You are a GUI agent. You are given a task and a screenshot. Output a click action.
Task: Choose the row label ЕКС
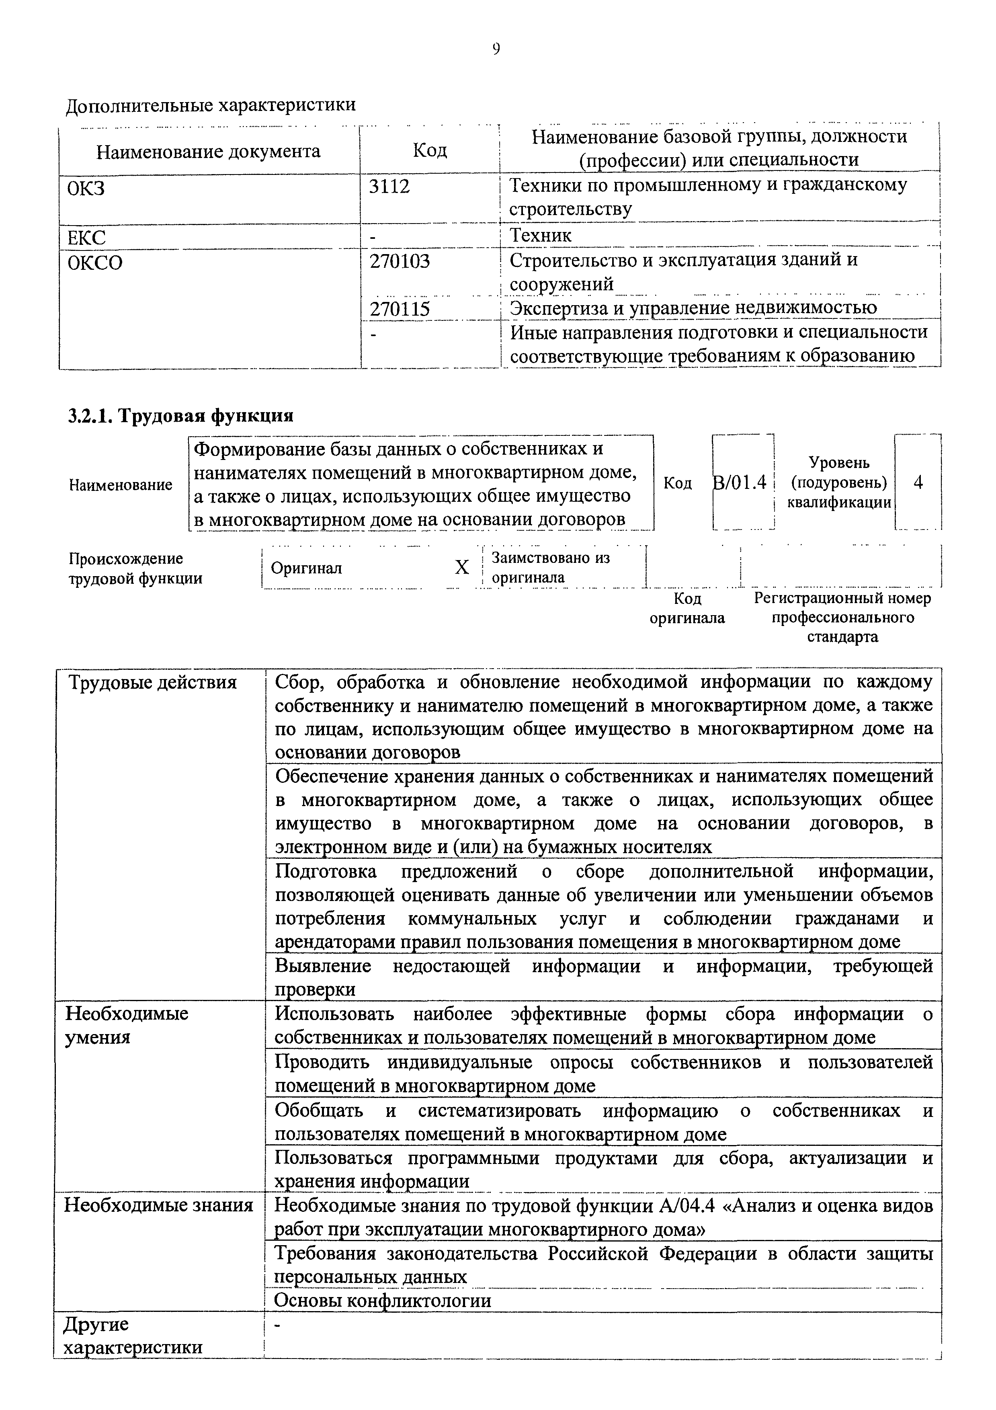(86, 237)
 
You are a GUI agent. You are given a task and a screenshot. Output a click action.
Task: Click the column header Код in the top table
(429, 150)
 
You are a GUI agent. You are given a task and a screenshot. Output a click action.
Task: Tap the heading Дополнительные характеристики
(211, 105)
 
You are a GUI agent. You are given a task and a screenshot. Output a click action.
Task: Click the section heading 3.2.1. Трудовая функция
(180, 416)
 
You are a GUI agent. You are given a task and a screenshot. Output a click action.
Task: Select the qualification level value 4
(918, 483)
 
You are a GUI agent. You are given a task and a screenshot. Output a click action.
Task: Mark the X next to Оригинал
(461, 567)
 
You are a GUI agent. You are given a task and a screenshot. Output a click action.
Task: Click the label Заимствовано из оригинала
(551, 567)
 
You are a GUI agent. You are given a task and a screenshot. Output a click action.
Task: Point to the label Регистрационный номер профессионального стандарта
(842, 617)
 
